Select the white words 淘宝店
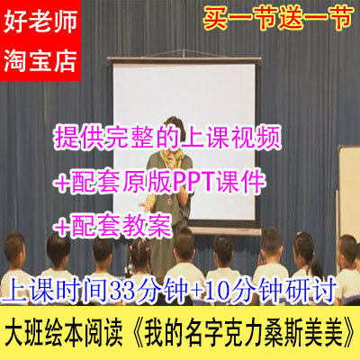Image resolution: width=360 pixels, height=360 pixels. click(x=40, y=59)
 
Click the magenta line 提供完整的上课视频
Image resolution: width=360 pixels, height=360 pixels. click(x=168, y=138)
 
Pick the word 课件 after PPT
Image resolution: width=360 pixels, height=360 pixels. click(x=247, y=182)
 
